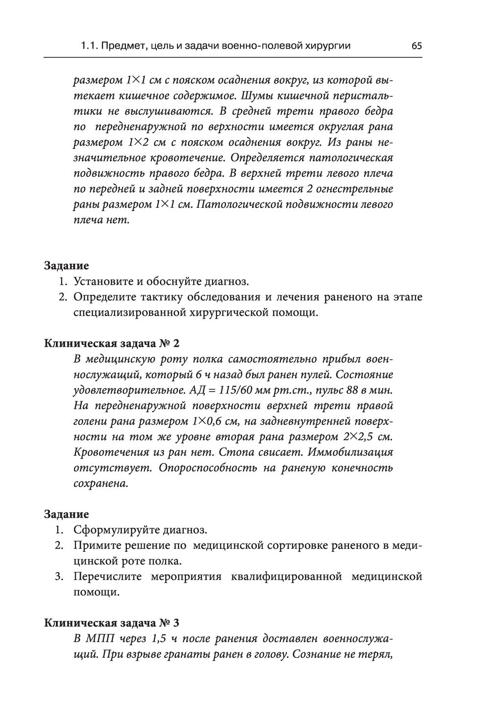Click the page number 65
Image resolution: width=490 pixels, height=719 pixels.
pos(416,46)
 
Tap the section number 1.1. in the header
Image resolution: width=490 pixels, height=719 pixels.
pos(91,46)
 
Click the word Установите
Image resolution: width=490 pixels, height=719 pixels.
pos(102,281)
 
